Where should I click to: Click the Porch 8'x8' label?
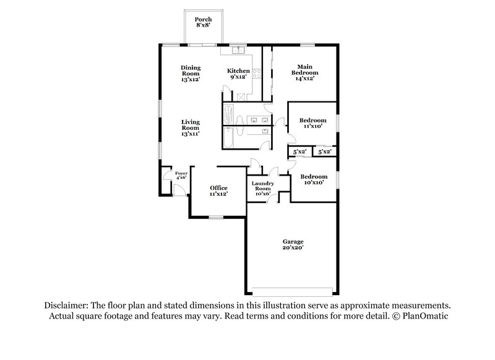[x=203, y=23]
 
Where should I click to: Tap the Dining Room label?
[x=191, y=74]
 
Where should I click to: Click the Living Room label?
[x=191, y=127]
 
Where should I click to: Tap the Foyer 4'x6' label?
[x=181, y=176]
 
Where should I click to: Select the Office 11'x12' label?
[x=218, y=191]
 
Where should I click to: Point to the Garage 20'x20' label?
[x=293, y=245]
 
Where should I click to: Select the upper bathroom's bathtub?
[x=229, y=116]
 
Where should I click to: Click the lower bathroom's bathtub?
[x=230, y=137]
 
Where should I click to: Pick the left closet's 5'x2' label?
[x=299, y=152]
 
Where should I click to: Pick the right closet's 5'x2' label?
[x=324, y=152]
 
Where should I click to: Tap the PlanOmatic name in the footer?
[x=427, y=316]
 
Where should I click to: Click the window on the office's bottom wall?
[x=216, y=216]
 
